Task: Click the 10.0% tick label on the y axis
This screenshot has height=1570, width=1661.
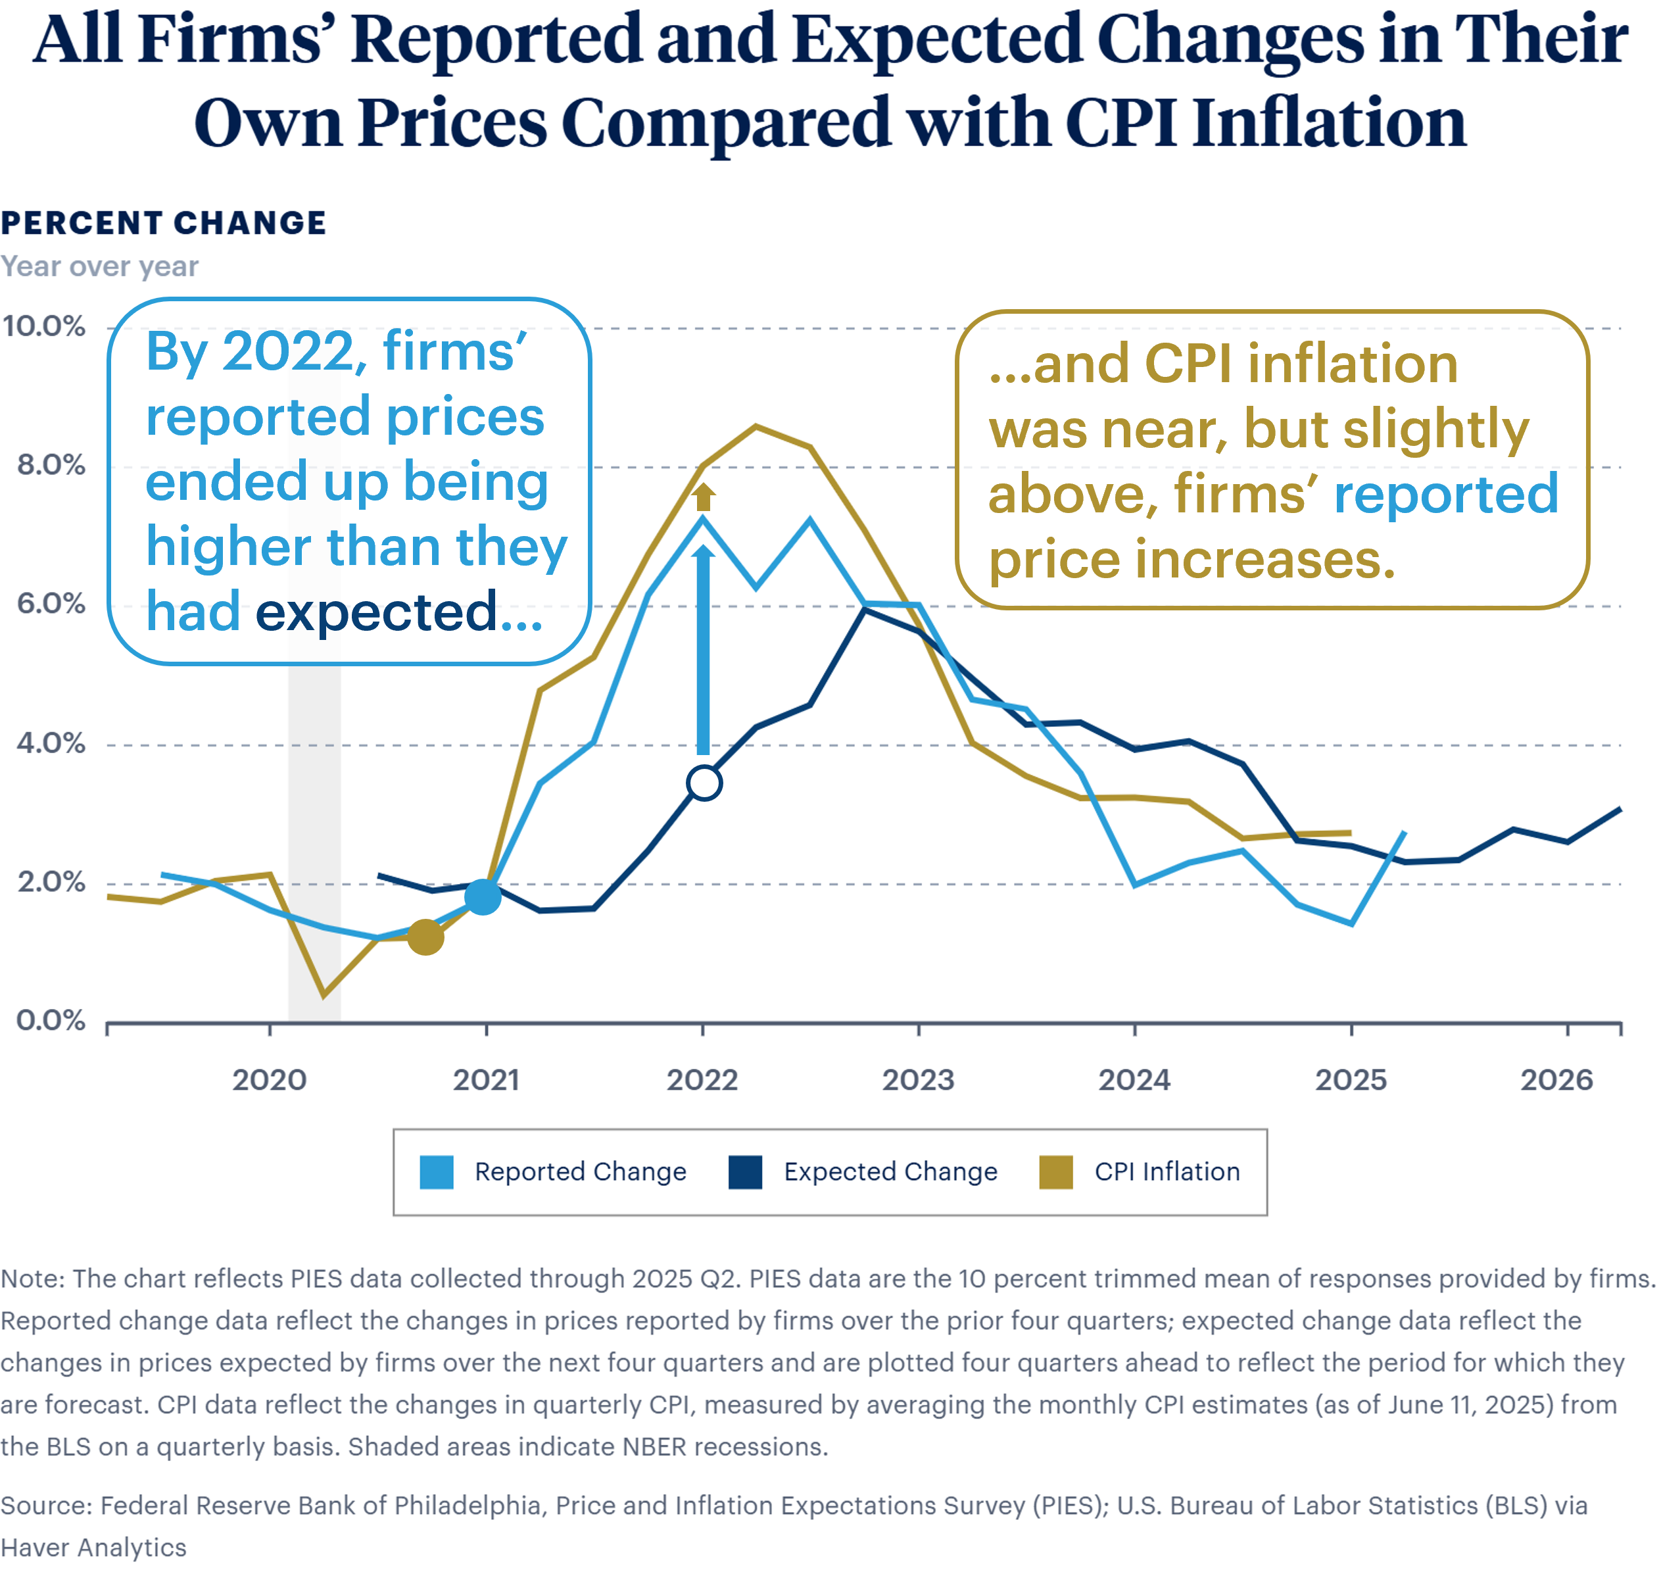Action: click(x=43, y=326)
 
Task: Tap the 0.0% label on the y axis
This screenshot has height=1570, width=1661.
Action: click(x=50, y=1020)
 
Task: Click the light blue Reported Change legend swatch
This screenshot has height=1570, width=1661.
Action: click(x=437, y=1171)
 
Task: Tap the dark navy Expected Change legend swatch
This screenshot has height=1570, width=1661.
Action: click(x=745, y=1171)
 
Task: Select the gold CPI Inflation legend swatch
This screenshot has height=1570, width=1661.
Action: click(x=1056, y=1171)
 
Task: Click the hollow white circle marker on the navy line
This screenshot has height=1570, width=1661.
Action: click(x=704, y=783)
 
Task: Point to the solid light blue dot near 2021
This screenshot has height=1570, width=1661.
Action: click(x=483, y=897)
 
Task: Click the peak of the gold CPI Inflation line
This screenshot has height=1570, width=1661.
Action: click(x=756, y=427)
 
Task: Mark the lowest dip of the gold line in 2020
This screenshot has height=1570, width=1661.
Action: click(x=324, y=995)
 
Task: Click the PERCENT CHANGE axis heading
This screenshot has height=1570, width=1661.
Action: click(x=163, y=224)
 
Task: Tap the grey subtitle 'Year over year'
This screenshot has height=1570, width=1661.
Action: click(x=99, y=266)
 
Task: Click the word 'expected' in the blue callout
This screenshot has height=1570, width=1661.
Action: click(x=377, y=612)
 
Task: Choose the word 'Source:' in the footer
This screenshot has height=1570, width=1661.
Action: click(x=47, y=1506)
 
